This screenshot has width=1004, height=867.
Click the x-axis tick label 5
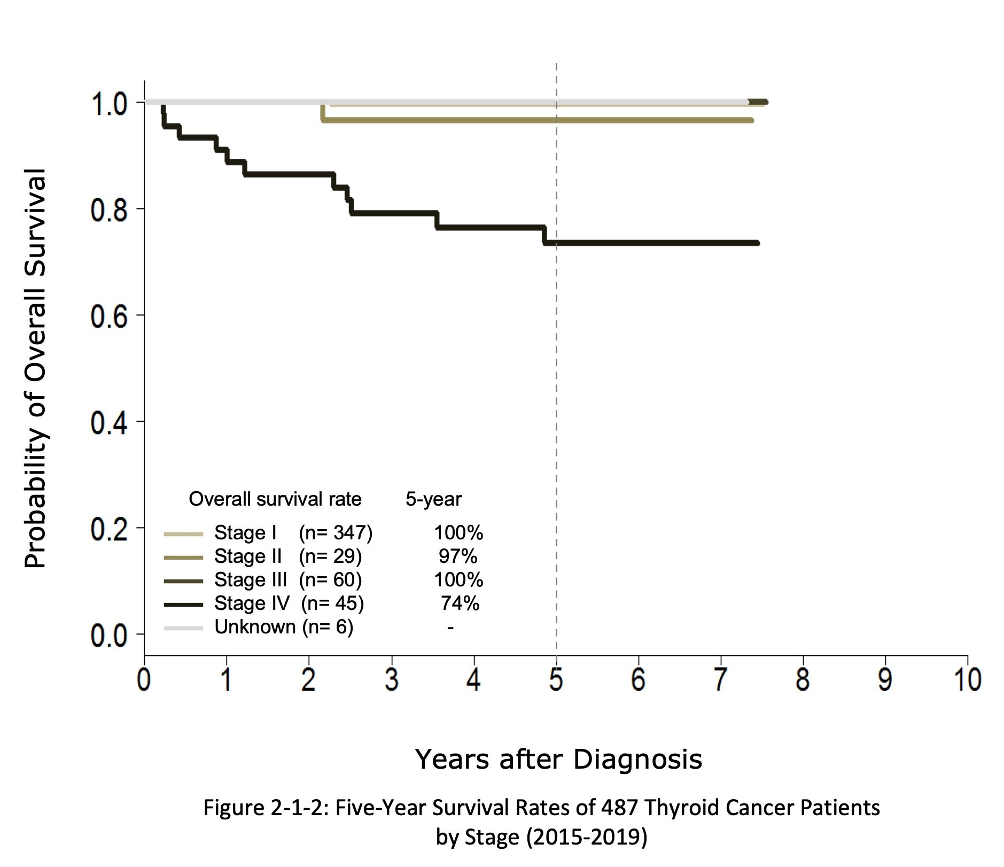pyautogui.click(x=556, y=680)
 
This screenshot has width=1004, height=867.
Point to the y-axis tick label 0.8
pyautogui.click(x=109, y=210)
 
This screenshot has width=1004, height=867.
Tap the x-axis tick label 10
pyautogui.click(x=967, y=680)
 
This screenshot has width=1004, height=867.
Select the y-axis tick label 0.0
pyautogui.click(x=109, y=636)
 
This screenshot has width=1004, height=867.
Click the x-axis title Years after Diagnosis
pyautogui.click(x=558, y=759)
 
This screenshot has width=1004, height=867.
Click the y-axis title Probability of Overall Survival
pyautogui.click(x=36, y=368)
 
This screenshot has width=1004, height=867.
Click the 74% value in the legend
pyautogui.click(x=460, y=603)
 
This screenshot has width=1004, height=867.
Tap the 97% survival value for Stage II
pyautogui.click(x=457, y=556)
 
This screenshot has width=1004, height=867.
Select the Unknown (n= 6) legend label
pyautogui.click(x=283, y=627)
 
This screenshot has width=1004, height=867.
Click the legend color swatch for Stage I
pyautogui.click(x=183, y=533)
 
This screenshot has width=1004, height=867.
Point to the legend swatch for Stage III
pyautogui.click(x=183, y=580)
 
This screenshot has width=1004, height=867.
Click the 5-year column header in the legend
pyautogui.click(x=433, y=499)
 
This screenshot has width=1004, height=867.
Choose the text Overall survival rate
pyautogui.click(x=275, y=499)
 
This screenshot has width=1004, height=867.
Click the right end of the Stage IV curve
pyautogui.click(x=757, y=243)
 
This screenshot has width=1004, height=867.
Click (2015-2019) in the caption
pyautogui.click(x=587, y=837)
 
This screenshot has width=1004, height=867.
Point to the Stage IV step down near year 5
pyautogui.click(x=544, y=235)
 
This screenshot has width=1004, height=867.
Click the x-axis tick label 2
pyautogui.click(x=308, y=680)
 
